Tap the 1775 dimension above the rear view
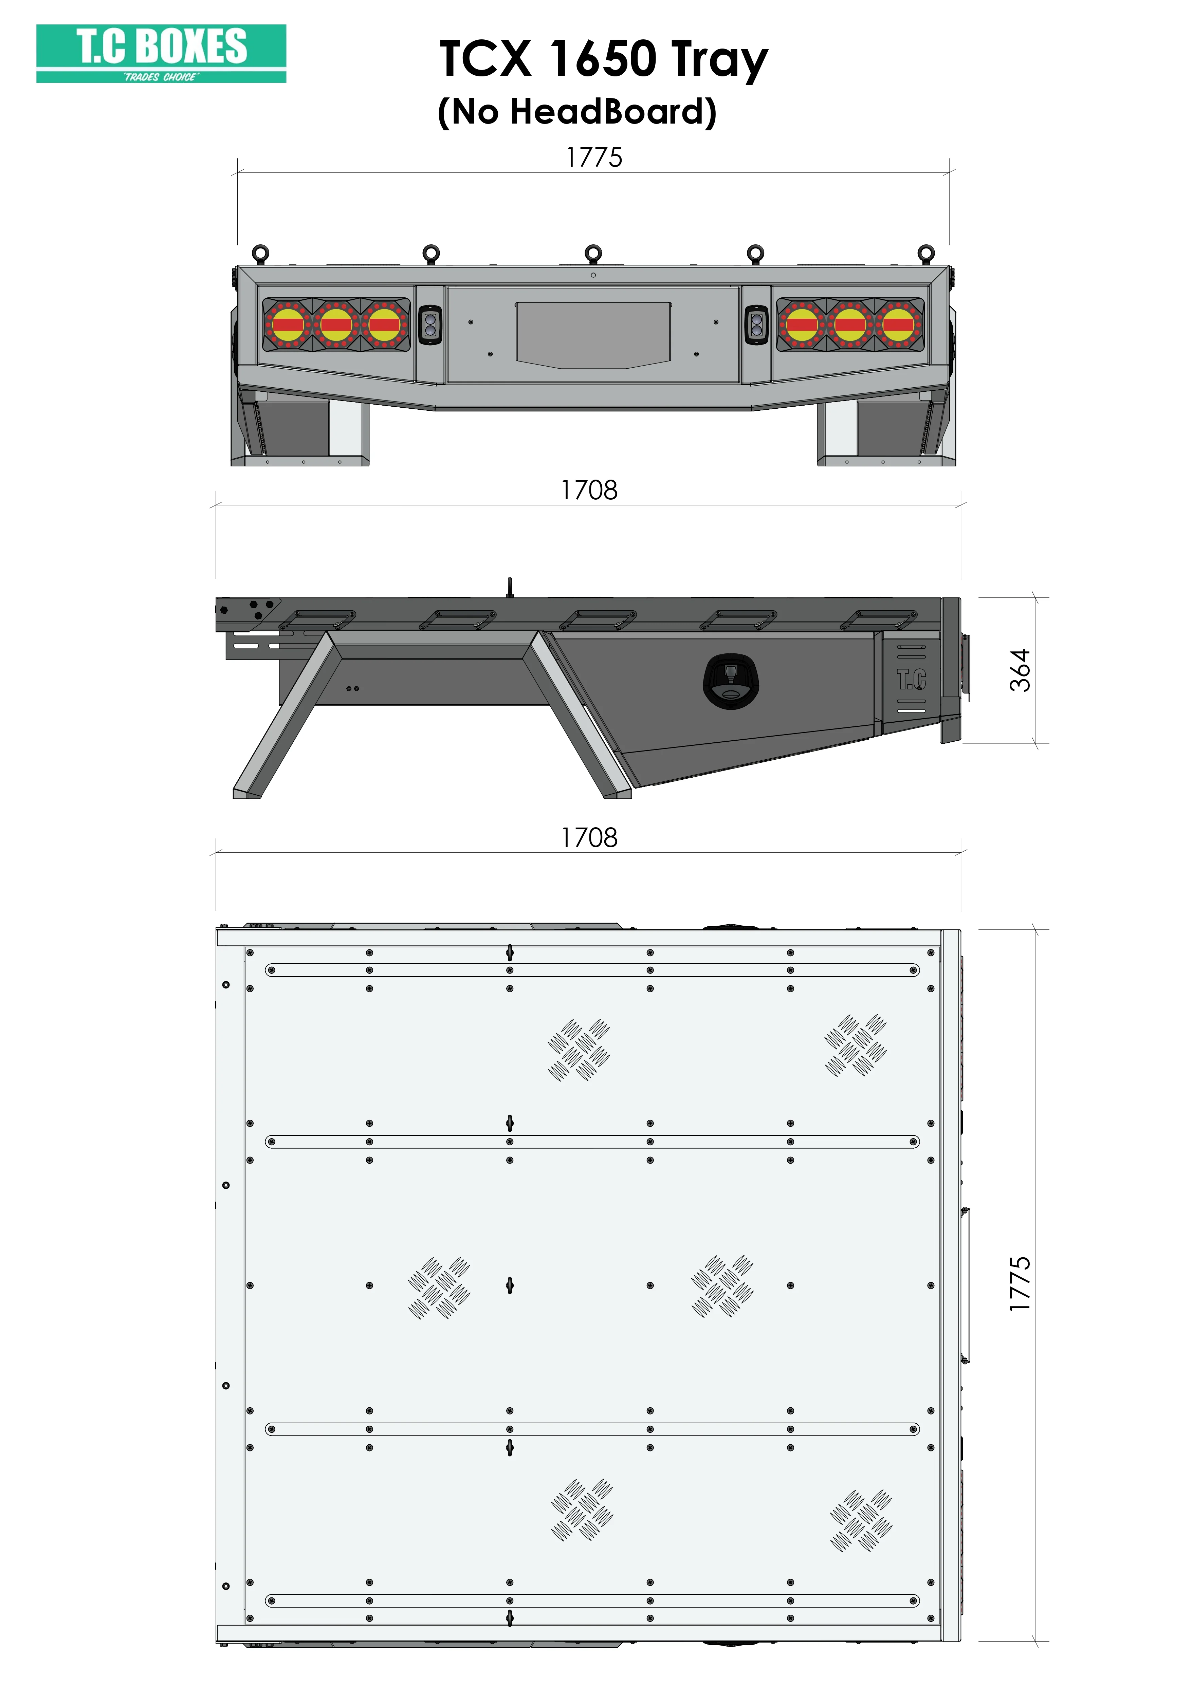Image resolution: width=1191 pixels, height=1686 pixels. coord(594,157)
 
